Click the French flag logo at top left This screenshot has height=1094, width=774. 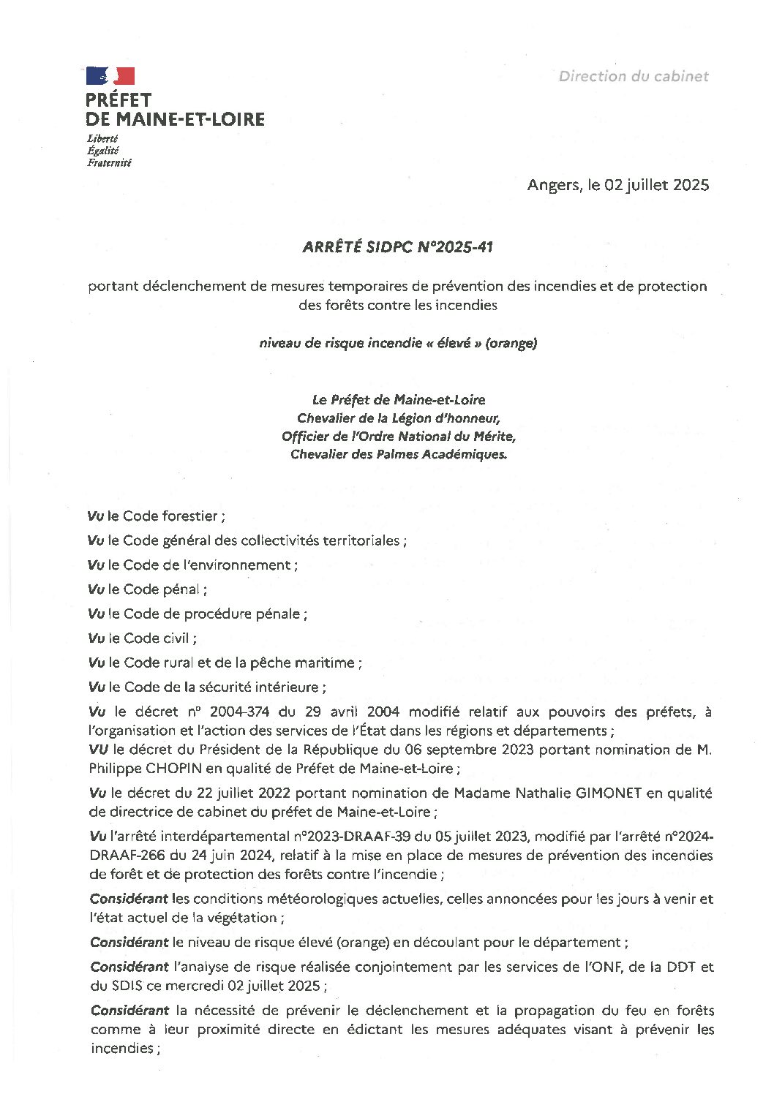coord(110,75)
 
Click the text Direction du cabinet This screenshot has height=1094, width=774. coord(634,76)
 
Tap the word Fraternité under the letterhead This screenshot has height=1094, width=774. coord(109,163)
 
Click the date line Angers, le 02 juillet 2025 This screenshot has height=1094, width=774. coord(617,185)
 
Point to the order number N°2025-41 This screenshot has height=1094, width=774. coord(454,247)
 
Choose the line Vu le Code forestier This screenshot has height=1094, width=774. coord(156,516)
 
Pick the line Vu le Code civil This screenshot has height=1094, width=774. coord(142,638)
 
